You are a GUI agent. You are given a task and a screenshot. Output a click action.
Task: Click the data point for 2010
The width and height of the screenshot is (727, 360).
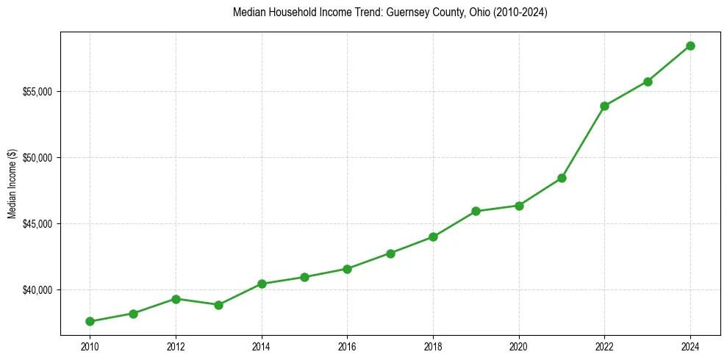(x=90, y=321)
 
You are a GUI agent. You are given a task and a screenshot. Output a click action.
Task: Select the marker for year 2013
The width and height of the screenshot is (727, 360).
(x=218, y=305)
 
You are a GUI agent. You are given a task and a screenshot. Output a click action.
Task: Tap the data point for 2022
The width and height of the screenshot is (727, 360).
(x=604, y=106)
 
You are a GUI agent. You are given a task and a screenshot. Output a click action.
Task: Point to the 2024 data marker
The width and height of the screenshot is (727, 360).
(x=690, y=46)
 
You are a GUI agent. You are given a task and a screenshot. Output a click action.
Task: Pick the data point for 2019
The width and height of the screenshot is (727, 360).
(x=476, y=211)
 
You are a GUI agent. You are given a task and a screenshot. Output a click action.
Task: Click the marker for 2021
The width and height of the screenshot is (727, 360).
(x=562, y=178)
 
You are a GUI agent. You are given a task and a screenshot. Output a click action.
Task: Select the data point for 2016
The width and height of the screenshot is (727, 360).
(x=347, y=269)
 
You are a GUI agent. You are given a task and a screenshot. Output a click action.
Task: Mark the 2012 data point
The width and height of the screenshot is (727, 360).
(x=176, y=299)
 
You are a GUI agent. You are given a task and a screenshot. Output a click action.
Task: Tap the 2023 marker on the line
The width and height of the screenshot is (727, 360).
(x=648, y=82)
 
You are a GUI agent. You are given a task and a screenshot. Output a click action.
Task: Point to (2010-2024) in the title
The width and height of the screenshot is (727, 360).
(x=520, y=12)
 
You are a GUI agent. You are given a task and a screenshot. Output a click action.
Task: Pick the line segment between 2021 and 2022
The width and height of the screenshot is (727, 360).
(x=583, y=142)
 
